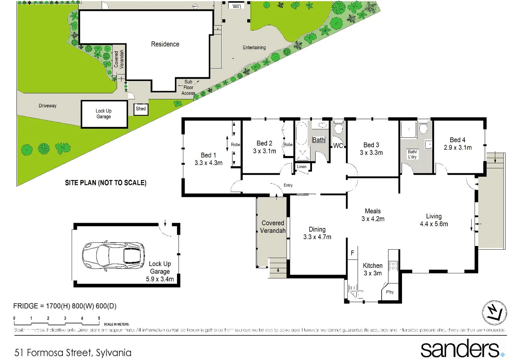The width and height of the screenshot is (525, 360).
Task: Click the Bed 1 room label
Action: (208, 159)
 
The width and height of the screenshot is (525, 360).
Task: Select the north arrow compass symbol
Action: (494, 312)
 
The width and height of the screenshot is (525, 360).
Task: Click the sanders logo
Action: (462, 349)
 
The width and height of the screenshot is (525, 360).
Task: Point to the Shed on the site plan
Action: (141, 109)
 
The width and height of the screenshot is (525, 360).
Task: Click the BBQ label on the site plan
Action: (236, 6)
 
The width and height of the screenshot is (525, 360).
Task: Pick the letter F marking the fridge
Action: (352, 253)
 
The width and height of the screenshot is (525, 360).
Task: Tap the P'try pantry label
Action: (390, 292)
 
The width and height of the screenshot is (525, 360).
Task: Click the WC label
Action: (338, 146)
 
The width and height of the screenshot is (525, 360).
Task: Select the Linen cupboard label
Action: (301, 167)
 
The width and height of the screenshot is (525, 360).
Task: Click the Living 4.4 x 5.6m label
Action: (434, 220)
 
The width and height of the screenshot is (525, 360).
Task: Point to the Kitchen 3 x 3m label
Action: (372, 269)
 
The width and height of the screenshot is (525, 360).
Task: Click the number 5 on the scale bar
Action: (99, 318)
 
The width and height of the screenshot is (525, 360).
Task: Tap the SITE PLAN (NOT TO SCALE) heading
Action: (105, 183)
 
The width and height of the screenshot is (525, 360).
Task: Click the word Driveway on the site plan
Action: (47, 106)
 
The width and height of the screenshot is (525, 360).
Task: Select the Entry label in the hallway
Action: (288, 185)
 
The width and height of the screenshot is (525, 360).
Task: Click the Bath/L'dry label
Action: (412, 154)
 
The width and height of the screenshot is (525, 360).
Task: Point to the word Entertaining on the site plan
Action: (254, 48)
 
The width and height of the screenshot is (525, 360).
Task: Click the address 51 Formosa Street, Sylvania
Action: (73, 353)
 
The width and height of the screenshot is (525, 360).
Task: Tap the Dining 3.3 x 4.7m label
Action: (317, 233)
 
